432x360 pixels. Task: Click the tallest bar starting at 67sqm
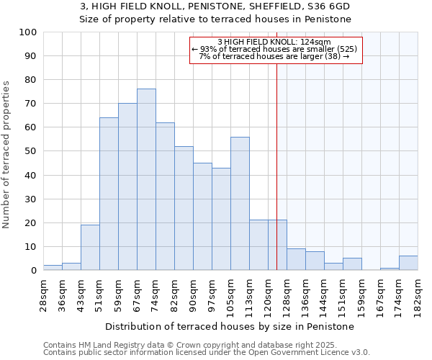146,179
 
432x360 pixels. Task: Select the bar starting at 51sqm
109,194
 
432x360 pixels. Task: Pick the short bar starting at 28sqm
53,268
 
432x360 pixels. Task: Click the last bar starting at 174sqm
408,264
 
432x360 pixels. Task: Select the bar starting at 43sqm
90,248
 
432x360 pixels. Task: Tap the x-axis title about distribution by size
230,326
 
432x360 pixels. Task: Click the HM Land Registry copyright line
205,345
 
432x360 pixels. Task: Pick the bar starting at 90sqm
202,217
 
